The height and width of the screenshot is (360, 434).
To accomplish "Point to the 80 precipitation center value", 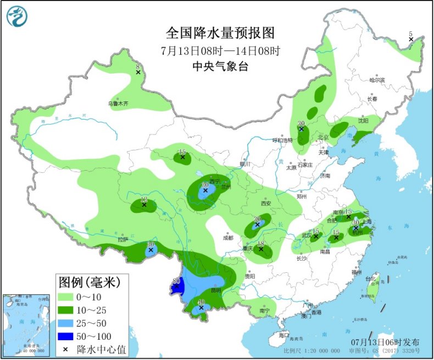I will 176,282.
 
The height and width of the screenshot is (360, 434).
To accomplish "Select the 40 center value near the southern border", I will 201,302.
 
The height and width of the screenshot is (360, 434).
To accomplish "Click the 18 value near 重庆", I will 261,245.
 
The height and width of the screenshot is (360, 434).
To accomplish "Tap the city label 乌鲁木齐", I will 118,103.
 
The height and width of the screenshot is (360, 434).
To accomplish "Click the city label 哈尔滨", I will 377,80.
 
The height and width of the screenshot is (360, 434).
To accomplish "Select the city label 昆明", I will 215,290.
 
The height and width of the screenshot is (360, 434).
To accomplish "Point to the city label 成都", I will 228,238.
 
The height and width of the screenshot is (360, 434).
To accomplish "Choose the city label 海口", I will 283,334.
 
